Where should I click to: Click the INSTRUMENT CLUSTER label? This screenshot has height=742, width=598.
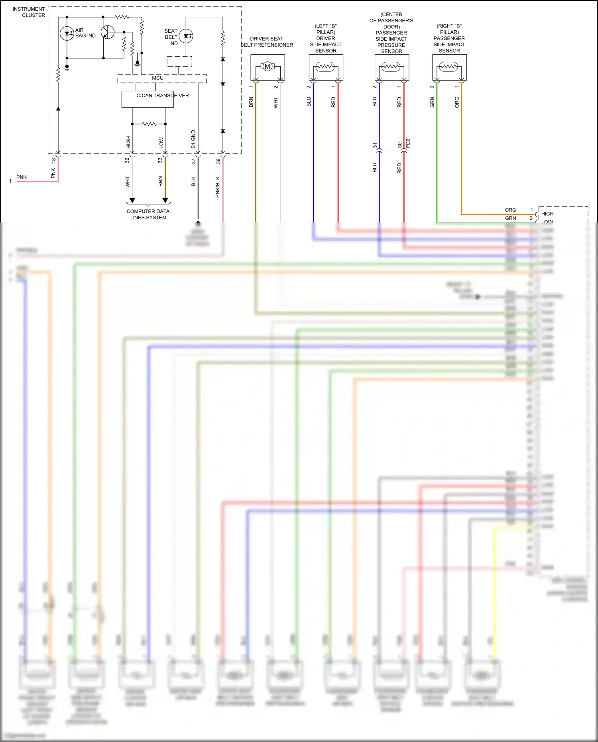tap(29, 12)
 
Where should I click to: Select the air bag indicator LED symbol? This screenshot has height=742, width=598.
tap(67, 33)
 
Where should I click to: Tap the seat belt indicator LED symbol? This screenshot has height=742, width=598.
tap(186, 36)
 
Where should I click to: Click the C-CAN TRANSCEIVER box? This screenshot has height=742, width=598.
tap(148, 99)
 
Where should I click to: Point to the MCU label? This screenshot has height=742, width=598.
tap(157, 78)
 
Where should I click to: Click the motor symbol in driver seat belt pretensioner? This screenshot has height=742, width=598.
tap(268, 67)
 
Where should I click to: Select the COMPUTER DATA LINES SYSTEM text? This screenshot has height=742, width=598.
tap(148, 215)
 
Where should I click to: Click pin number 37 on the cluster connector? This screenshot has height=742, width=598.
tap(194, 161)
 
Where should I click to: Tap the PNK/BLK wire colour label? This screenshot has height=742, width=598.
tap(218, 187)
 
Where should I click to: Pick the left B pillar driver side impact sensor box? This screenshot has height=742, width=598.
tap(326, 67)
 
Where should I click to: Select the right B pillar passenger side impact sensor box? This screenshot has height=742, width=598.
tap(449, 67)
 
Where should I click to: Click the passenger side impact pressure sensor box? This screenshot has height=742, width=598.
tap(391, 67)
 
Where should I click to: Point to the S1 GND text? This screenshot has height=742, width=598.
tap(193, 139)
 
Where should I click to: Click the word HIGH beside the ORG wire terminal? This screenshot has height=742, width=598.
tap(547, 214)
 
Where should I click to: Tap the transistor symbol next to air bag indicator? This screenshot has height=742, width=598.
tap(107, 32)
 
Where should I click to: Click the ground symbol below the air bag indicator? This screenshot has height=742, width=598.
tap(67, 68)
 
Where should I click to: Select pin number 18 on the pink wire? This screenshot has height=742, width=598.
tap(53, 160)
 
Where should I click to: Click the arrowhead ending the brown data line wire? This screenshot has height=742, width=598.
tap(165, 201)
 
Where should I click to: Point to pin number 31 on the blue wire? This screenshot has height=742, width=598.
tap(375, 146)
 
